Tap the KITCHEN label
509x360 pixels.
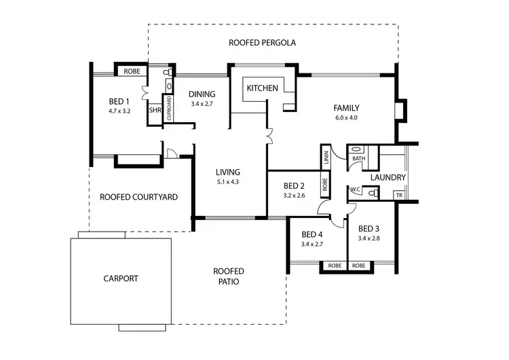pyautogui.click(x=262, y=88)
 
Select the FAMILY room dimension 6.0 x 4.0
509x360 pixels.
pyautogui.click(x=345, y=118)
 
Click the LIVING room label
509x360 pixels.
pyautogui.click(x=227, y=172)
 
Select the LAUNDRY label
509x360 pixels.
pyautogui.click(x=388, y=178)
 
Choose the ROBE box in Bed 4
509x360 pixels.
pyautogui.click(x=333, y=266)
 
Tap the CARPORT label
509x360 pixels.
pyautogui.click(x=121, y=278)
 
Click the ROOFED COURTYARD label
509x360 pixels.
pyautogui.click(x=138, y=197)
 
